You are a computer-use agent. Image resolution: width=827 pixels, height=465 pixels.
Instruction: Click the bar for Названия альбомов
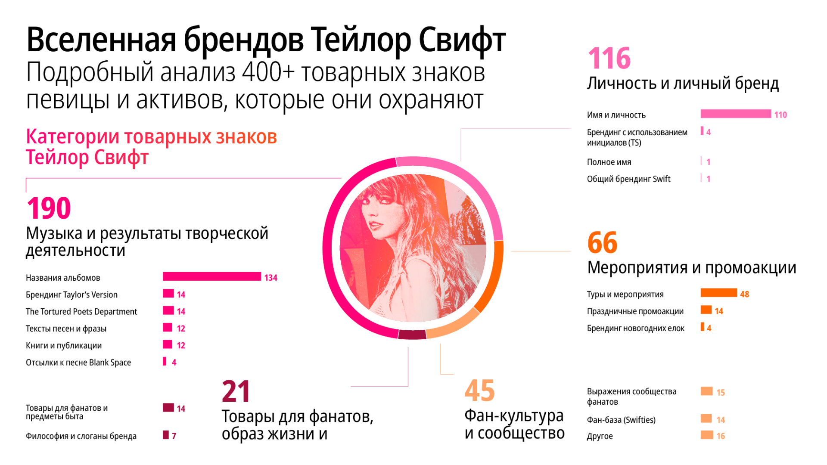(211, 276)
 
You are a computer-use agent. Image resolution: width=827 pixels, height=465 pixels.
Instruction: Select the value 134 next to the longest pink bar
(270, 278)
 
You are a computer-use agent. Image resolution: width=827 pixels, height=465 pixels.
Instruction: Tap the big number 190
(49, 208)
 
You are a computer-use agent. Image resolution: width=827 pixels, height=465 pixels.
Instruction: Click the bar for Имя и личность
(735, 114)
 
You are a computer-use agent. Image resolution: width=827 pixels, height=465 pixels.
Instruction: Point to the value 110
(780, 115)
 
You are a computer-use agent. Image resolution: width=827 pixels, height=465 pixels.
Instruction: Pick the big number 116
(609, 59)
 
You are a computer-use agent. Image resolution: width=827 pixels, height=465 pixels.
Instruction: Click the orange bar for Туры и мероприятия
(718, 293)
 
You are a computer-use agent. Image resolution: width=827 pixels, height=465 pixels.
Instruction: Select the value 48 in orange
(744, 294)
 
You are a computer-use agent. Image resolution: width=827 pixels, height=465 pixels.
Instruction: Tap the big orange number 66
(602, 243)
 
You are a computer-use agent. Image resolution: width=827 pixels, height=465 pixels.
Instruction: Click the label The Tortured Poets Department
(81, 312)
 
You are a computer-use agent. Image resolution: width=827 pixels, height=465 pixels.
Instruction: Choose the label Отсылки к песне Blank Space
(78, 363)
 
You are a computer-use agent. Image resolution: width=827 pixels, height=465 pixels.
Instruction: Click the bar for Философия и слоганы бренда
(166, 435)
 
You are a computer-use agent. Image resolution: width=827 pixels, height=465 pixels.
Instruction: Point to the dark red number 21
(236, 391)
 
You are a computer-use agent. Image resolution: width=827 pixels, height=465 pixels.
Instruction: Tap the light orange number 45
(479, 391)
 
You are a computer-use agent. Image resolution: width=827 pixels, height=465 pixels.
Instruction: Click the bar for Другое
(706, 435)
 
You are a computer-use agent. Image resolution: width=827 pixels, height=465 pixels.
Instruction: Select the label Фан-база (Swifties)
(621, 420)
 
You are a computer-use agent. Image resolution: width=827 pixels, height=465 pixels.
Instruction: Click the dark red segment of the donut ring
(412, 335)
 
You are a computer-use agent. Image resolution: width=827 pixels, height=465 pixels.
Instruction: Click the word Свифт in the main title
(462, 40)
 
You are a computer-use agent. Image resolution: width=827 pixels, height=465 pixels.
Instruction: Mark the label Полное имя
(609, 162)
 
